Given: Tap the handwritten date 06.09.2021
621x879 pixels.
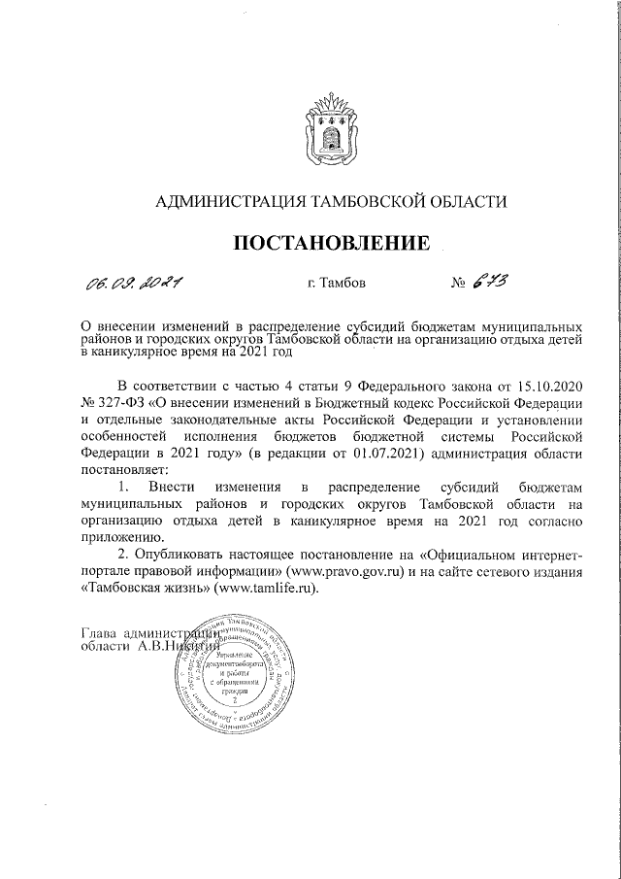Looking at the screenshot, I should pyautogui.click(x=136, y=284).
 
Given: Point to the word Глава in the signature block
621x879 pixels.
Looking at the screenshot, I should pyautogui.click(x=100, y=631).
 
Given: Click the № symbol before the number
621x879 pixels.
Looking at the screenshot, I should pyautogui.click(x=460, y=285).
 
